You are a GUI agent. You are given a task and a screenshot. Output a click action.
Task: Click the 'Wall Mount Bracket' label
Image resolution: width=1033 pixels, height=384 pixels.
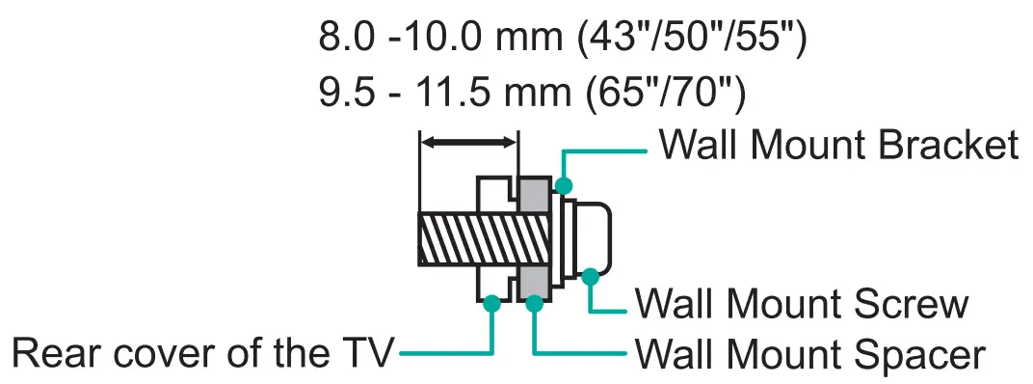click(838, 146)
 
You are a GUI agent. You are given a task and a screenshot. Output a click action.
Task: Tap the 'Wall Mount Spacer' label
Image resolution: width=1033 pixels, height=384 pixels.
click(809, 354)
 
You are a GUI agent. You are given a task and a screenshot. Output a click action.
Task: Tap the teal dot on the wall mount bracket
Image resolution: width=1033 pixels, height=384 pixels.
click(564, 184)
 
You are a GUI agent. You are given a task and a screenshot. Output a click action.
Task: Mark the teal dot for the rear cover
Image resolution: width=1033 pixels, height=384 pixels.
click(492, 303)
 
